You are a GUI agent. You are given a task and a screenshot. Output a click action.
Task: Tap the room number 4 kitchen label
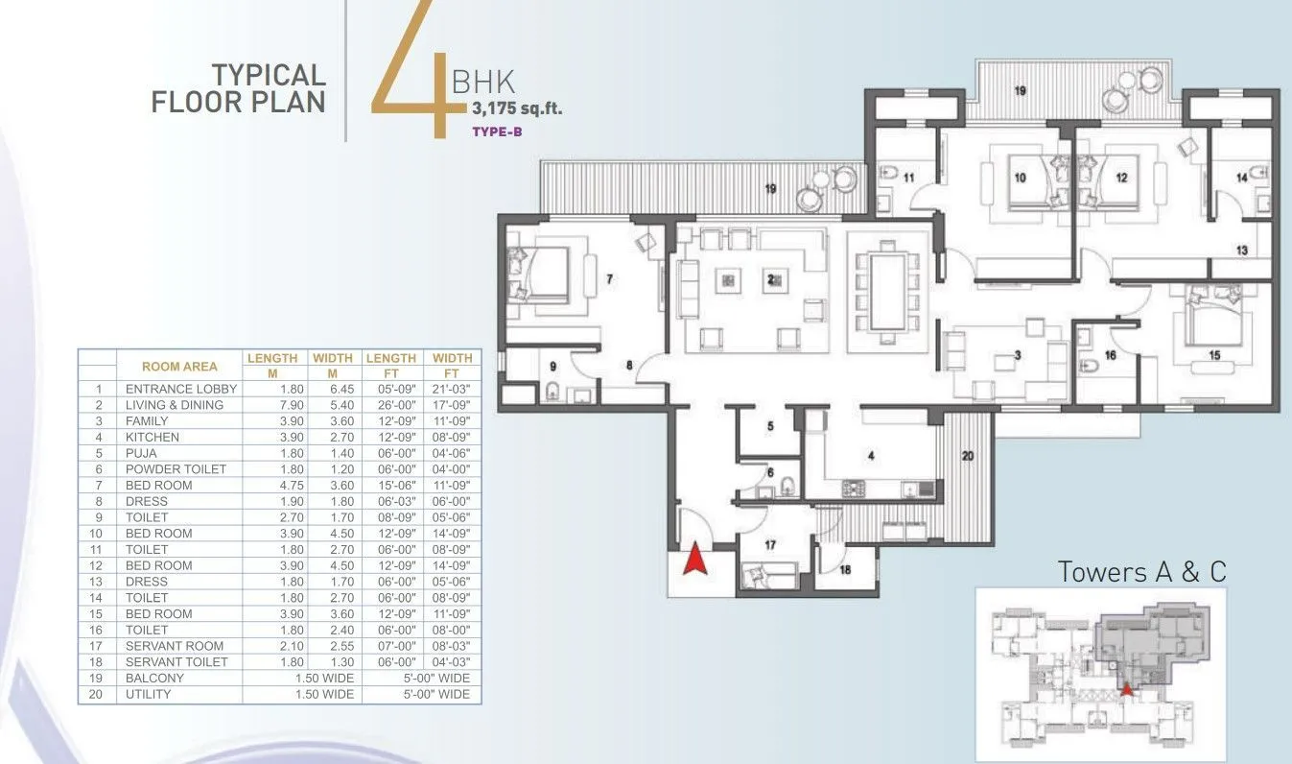(871, 457)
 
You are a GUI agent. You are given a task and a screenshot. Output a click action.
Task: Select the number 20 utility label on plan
(966, 457)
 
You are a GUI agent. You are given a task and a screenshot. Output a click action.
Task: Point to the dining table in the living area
(887, 291)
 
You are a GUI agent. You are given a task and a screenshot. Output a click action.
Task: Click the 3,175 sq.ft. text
(516, 108)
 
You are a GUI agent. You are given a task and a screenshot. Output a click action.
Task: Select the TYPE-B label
(497, 132)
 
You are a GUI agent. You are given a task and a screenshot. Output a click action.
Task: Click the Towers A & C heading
(1141, 572)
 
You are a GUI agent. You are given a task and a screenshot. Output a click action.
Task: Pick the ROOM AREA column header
(179, 366)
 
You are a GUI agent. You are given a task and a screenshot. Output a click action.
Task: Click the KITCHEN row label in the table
(152, 437)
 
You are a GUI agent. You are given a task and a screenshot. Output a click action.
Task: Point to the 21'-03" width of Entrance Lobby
(451, 389)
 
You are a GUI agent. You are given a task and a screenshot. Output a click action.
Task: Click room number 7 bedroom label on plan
(608, 279)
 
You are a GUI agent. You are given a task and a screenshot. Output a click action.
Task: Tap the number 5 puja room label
(769, 426)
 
